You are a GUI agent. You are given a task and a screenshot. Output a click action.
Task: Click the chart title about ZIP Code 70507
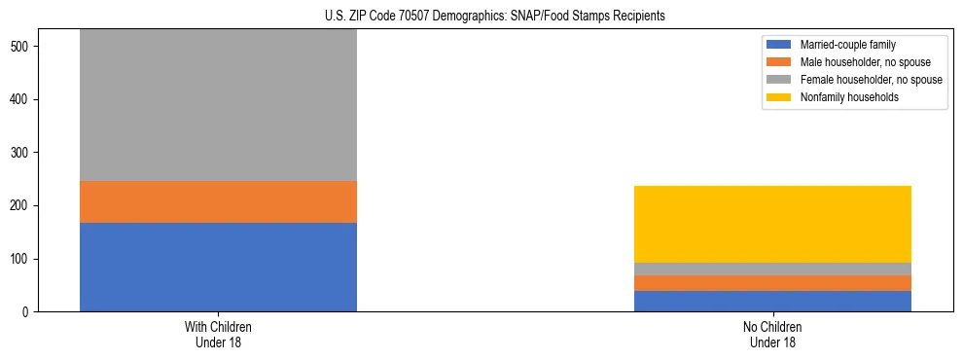494,17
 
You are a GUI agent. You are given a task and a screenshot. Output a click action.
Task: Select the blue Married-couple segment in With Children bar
218,267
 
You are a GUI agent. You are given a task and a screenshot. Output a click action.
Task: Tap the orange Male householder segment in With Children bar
218,201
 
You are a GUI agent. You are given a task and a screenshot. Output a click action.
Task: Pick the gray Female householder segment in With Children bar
218,105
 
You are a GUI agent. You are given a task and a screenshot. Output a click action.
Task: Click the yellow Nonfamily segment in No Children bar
772,224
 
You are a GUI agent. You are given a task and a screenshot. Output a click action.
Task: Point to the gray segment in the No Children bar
772,269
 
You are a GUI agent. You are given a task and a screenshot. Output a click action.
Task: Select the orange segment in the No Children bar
772,283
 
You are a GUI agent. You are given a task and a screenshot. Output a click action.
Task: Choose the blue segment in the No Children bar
772,301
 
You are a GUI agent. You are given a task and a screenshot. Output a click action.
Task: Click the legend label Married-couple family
847,45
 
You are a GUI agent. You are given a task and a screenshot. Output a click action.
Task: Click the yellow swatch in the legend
779,97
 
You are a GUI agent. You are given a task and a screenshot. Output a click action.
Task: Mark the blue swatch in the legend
779,45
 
